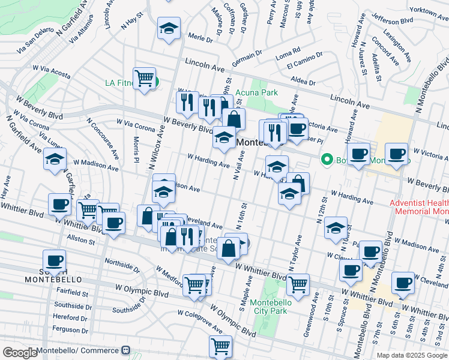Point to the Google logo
point(19,353)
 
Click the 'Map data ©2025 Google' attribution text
point(411,355)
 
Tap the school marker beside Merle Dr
point(169,28)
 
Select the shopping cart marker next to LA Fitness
point(145,79)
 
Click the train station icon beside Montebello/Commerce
point(126,350)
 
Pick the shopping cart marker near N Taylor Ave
point(298,284)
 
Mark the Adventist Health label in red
point(418,203)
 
